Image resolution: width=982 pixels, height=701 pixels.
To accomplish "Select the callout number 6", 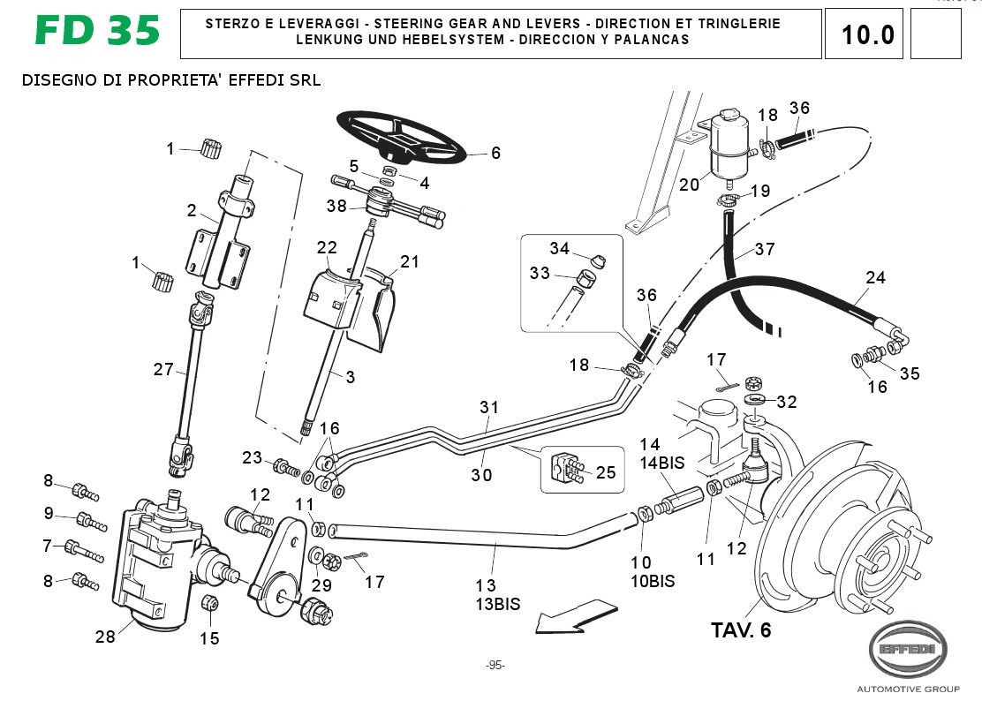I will [495, 153].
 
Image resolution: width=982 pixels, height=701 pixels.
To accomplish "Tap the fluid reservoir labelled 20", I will [729, 147].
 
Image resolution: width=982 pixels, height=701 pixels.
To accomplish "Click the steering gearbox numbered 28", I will [157, 566].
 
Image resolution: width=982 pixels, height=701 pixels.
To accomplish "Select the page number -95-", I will [495, 665].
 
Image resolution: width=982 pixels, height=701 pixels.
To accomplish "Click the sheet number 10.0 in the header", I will [868, 34].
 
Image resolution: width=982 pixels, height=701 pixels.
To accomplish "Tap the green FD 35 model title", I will [98, 31].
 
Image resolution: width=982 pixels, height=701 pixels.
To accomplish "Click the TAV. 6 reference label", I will [741, 630].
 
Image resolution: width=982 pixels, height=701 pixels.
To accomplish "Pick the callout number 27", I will [163, 369].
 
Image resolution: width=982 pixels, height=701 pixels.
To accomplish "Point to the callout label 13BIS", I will [499, 605].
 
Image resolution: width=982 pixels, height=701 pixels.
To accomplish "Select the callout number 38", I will [336, 207].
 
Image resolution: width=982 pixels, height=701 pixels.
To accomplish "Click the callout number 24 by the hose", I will [874, 277].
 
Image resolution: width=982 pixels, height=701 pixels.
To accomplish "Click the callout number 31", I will [489, 407].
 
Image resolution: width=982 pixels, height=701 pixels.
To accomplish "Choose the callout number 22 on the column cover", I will [327, 248].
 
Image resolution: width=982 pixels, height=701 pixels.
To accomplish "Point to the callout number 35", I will [909, 373].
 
